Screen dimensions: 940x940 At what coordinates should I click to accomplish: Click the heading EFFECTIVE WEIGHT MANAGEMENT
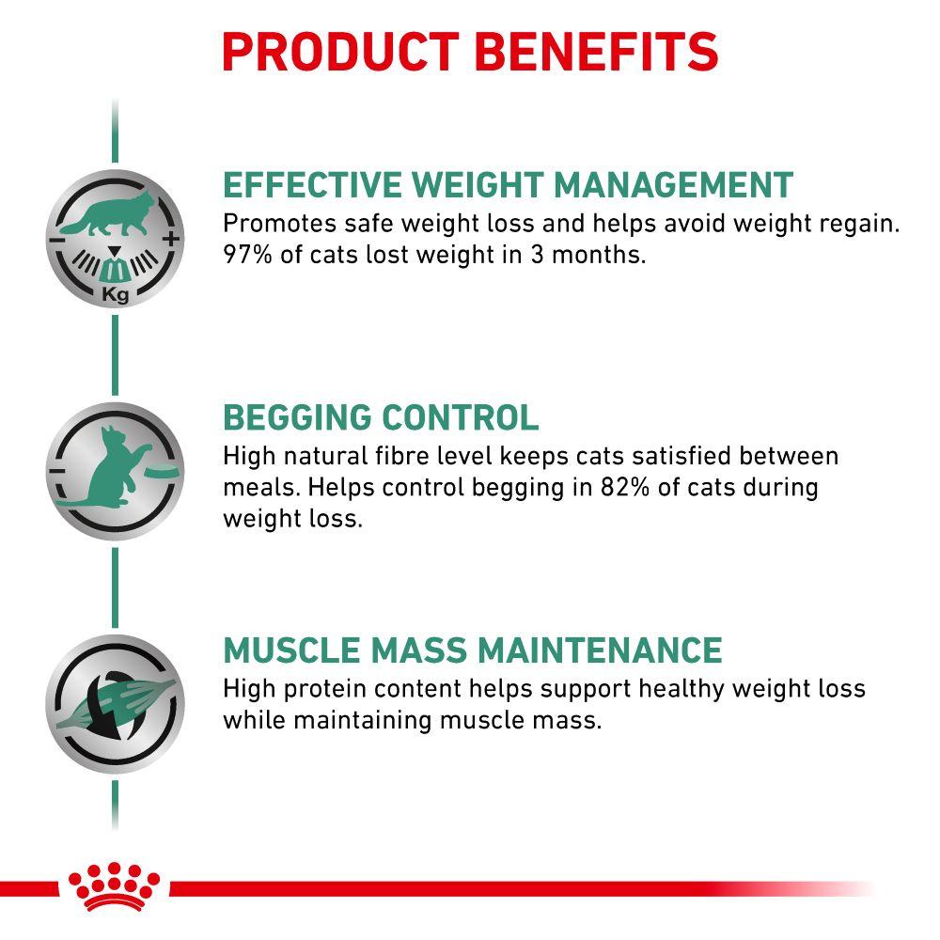point(509,184)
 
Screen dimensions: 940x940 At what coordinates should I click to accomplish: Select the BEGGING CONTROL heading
point(381,417)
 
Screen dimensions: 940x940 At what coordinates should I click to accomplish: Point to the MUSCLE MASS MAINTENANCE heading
point(472,650)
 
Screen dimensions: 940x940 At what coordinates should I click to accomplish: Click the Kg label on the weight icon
point(116,297)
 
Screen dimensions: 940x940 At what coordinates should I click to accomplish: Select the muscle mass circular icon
point(115,703)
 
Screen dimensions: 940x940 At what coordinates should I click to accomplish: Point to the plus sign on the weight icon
point(170,240)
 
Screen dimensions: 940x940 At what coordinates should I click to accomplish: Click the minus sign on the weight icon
point(58,240)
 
